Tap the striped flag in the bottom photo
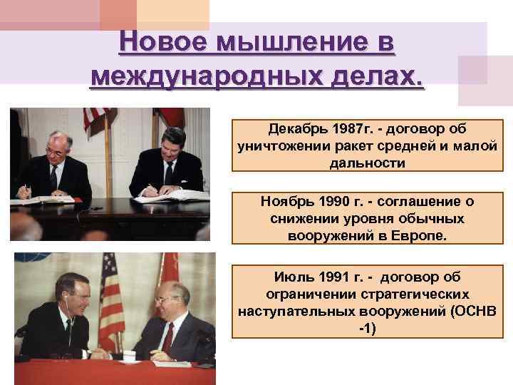(x=110, y=299)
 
